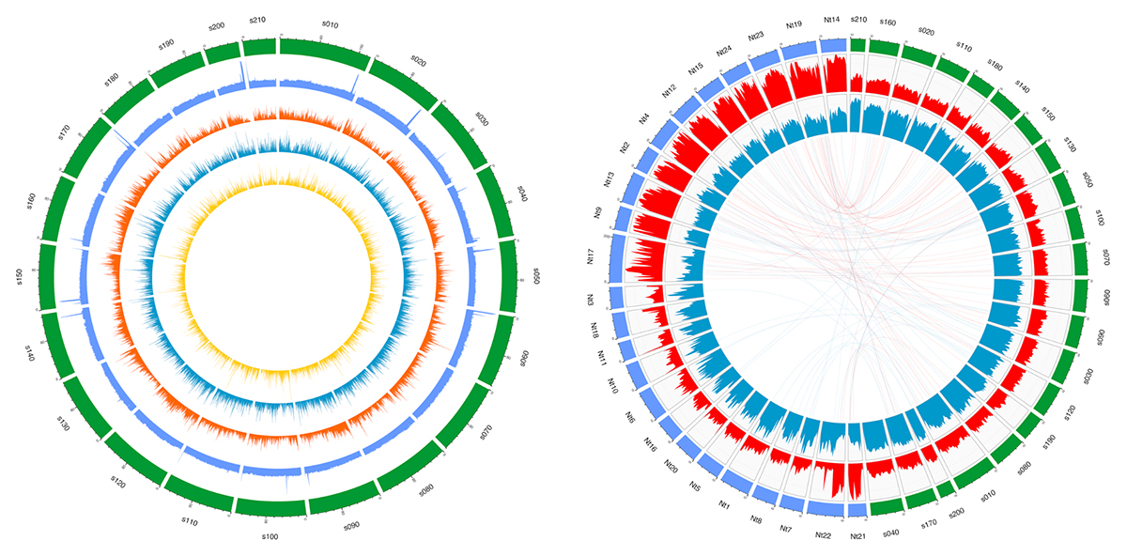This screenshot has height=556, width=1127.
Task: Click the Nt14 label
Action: click(830, 19)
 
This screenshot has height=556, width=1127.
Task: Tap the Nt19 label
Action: click(794, 23)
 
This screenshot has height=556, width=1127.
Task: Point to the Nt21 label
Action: click(857, 536)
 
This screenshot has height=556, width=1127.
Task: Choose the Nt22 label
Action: click(823, 534)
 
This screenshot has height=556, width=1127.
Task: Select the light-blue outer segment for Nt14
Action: click(833, 45)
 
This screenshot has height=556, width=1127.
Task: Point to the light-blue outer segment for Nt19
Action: click(799, 50)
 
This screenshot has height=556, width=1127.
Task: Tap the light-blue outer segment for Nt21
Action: click(857, 510)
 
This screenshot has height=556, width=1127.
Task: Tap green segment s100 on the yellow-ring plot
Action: click(270, 507)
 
